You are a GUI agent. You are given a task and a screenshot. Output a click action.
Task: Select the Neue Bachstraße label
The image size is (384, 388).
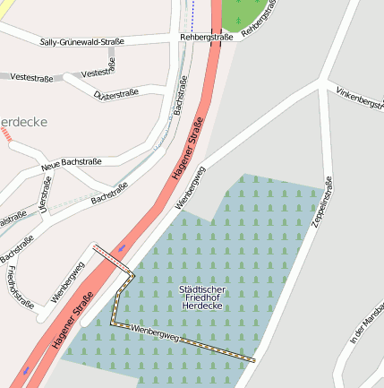point(71,165)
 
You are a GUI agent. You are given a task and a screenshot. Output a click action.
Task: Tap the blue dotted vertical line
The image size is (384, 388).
point(192,13)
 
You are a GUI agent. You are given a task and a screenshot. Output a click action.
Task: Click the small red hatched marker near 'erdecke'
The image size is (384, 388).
point(8,134)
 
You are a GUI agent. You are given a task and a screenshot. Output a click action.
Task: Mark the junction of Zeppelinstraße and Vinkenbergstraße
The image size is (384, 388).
point(323,86)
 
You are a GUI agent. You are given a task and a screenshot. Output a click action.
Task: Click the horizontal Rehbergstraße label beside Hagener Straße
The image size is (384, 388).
point(206,38)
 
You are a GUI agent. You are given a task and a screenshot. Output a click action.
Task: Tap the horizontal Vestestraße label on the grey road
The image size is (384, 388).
point(31,77)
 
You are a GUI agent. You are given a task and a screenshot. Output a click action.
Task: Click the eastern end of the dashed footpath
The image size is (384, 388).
point(254,360)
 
